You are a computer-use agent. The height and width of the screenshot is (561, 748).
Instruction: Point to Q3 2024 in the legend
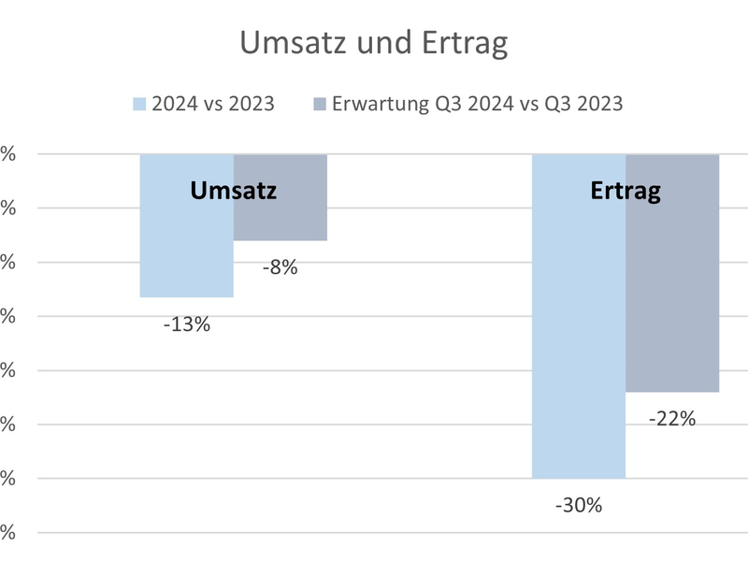coord(474,103)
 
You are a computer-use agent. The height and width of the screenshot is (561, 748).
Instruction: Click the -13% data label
coord(186,325)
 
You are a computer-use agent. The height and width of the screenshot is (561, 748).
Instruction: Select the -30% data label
coord(578,506)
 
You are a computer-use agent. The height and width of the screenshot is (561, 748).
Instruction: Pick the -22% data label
coord(671,420)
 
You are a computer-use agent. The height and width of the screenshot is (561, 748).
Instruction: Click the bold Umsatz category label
coord(234,191)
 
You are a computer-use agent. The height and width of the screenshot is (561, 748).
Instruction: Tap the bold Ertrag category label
coord(626,191)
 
